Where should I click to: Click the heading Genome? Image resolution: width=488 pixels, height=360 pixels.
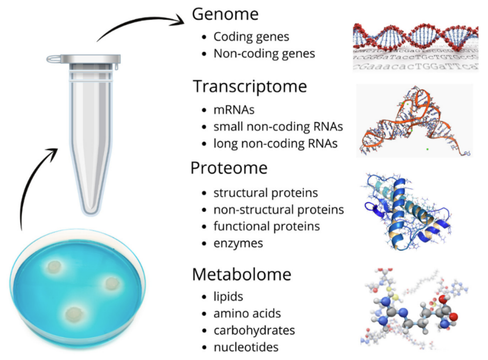[x=225, y=14]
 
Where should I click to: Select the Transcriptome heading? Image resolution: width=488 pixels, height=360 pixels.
[x=250, y=87]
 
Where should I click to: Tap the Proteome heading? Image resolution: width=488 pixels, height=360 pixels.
[x=229, y=168]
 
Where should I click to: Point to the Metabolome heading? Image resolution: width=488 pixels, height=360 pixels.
[x=241, y=274]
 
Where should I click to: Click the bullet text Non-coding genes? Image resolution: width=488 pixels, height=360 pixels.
[x=264, y=53]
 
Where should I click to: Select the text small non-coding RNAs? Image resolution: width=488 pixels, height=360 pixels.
[x=278, y=127]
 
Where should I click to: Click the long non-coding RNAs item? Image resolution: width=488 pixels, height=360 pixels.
[x=275, y=144]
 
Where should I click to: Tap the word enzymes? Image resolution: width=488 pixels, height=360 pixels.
[x=238, y=244]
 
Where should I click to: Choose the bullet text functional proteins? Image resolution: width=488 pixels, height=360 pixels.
[x=267, y=226]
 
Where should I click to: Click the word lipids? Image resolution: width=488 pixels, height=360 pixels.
[x=228, y=296]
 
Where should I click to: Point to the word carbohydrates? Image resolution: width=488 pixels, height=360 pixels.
[x=254, y=330]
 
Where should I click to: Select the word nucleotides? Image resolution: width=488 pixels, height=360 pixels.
[x=246, y=347]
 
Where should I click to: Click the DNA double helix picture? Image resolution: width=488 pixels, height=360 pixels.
[x=416, y=47]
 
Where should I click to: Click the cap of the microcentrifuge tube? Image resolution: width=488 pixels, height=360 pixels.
[x=84, y=58]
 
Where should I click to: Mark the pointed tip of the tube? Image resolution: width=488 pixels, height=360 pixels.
[x=91, y=213]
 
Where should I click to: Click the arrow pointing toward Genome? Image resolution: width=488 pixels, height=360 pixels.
[x=140, y=23]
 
